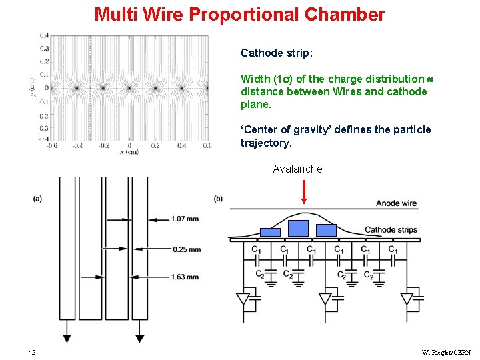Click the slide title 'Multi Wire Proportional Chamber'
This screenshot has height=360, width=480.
(x=239, y=14)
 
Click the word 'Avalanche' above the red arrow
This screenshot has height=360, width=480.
(x=297, y=169)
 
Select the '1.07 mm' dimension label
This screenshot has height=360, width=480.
(x=184, y=219)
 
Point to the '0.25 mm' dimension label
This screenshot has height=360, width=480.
(x=187, y=249)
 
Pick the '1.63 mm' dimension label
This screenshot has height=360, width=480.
(x=185, y=277)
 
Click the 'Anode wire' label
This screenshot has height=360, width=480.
(x=396, y=203)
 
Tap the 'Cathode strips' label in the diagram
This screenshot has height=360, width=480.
(x=391, y=230)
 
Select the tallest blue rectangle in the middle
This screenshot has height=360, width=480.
(x=298, y=228)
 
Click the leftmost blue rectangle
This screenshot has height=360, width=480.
(x=270, y=232)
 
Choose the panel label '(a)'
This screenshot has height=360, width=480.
(x=37, y=198)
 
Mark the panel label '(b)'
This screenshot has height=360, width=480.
(x=219, y=198)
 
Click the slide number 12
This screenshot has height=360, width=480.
(x=32, y=352)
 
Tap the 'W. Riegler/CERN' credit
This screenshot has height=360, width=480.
(x=446, y=352)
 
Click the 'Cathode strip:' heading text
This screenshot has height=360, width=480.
(x=271, y=53)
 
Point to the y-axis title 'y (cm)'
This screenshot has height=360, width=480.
(x=32, y=87)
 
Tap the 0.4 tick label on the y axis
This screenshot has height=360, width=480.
(x=44, y=35)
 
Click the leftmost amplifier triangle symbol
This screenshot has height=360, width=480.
(x=244, y=298)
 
